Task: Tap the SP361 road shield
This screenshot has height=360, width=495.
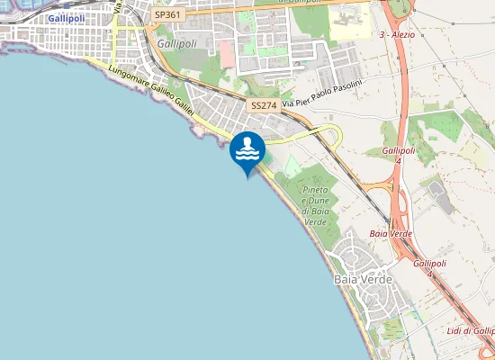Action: tap(166, 14)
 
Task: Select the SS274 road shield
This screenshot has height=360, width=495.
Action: tap(264, 105)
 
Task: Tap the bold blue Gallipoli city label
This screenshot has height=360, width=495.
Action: tap(67, 18)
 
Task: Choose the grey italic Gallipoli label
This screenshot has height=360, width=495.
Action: tap(176, 42)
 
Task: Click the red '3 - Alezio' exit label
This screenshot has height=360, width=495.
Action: tap(401, 34)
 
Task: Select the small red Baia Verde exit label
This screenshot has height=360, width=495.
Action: tap(391, 233)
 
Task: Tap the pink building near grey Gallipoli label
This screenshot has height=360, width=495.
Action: tap(226, 53)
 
